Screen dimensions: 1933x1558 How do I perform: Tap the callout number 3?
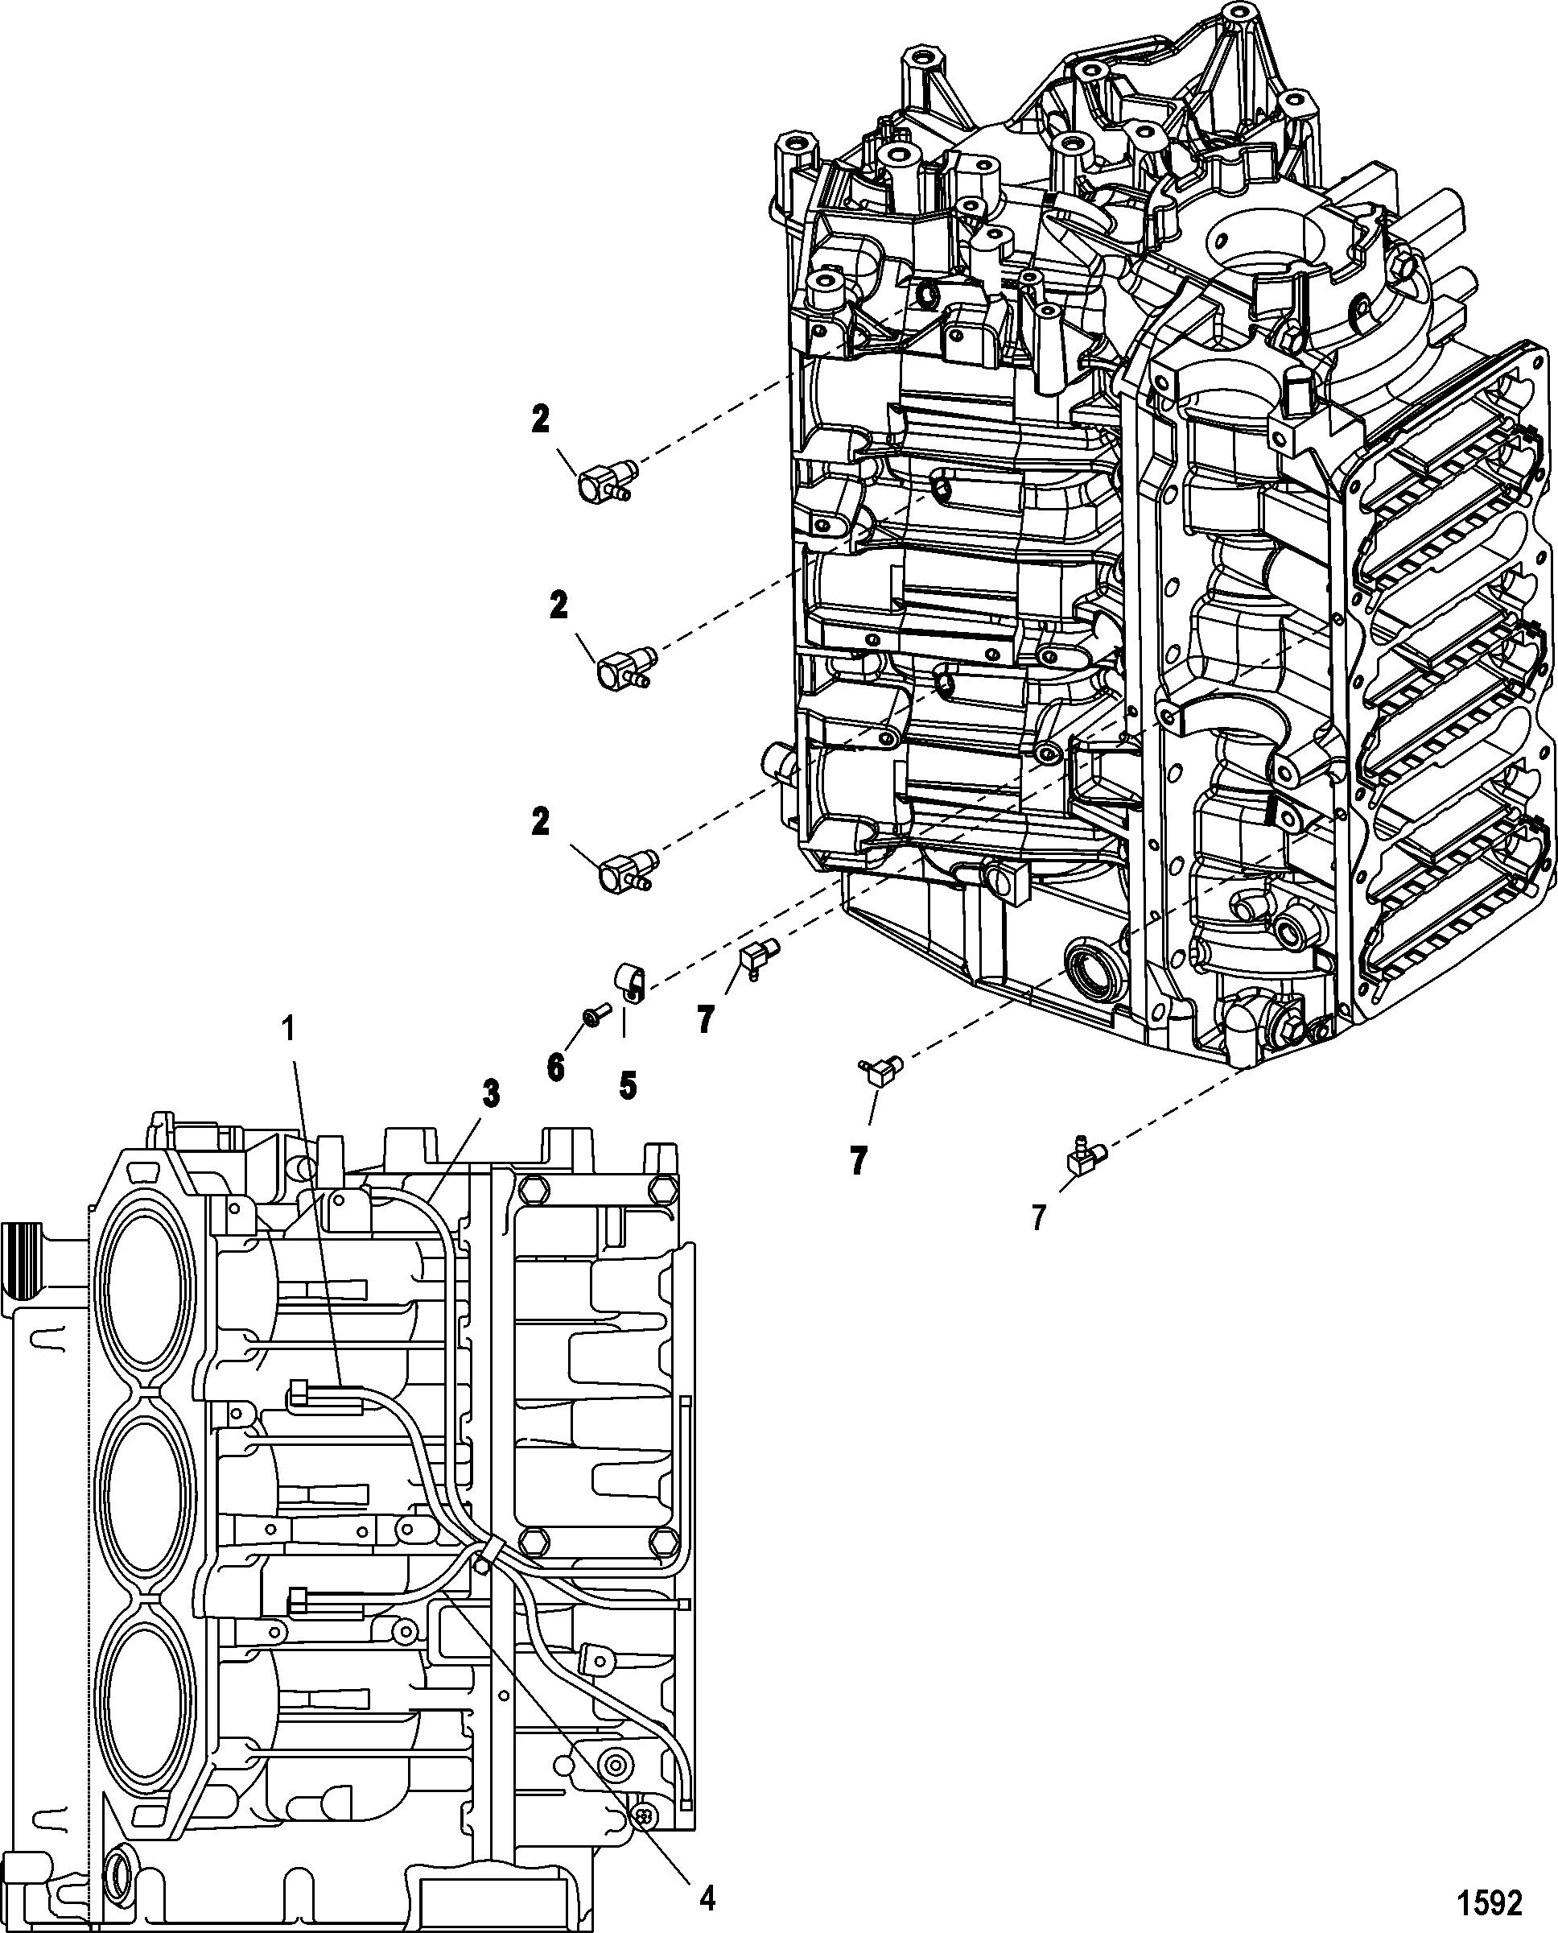click(489, 1093)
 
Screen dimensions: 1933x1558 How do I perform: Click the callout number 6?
click(555, 1068)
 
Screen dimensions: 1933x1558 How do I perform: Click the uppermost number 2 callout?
click(539, 420)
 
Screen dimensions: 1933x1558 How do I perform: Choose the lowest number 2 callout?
click(539, 821)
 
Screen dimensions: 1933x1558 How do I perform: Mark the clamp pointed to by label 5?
click(630, 981)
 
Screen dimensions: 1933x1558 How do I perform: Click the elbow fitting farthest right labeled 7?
click(1083, 1155)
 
